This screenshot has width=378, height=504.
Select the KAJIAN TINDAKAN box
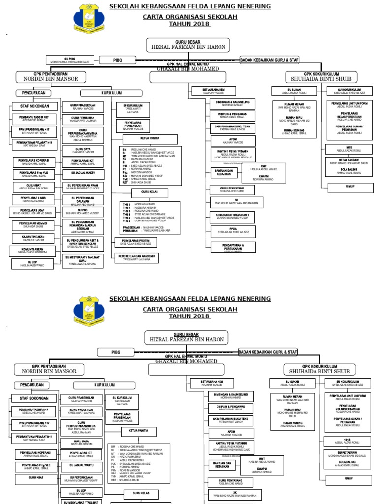tap(32, 238)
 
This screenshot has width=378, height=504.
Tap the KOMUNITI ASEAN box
tap(32, 251)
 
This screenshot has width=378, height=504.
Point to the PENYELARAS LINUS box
tap(32, 199)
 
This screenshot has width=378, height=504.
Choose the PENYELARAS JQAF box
tap(32, 212)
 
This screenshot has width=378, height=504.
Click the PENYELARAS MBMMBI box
tap(32, 225)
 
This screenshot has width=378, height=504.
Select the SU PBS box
tap(83, 212)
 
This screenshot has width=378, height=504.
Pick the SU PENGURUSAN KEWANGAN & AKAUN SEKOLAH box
tap(83, 227)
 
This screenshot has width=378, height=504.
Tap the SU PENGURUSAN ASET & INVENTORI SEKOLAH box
tap(83, 243)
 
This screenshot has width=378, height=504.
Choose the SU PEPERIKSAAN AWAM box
tap(83, 187)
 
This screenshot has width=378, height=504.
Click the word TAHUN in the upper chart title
tap(179, 24)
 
